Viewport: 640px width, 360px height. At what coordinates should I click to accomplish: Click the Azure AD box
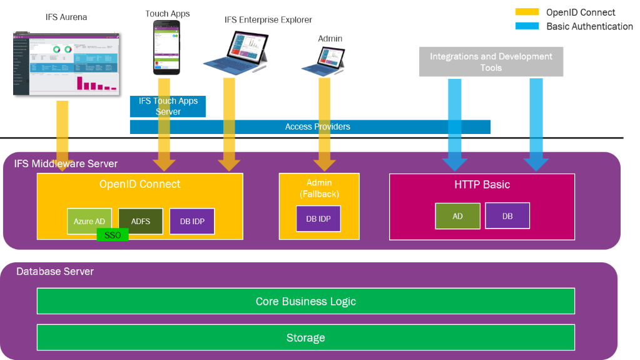coord(89,220)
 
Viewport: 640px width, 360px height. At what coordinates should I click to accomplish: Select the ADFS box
coord(140,221)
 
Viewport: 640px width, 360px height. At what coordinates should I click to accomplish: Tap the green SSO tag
coord(113,235)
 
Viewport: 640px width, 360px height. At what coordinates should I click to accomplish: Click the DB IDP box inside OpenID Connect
coord(192,221)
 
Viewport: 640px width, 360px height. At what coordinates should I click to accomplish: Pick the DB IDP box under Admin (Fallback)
coord(318,219)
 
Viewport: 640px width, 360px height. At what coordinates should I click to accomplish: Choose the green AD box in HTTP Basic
coord(457,216)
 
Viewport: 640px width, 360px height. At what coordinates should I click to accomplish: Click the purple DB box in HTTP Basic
coord(507,216)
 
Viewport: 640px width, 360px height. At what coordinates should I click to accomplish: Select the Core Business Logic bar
coord(305,301)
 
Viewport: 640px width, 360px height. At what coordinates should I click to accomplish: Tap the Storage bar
coord(305,337)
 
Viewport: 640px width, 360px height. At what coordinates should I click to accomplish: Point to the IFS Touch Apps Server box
coord(168,106)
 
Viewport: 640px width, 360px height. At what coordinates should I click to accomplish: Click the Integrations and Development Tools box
coord(490,62)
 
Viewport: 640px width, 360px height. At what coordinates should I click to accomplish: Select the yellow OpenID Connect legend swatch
coord(527,12)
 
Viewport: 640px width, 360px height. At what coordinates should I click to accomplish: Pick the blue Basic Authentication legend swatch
coord(527,26)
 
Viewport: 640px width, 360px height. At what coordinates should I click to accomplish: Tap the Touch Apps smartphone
coord(166,47)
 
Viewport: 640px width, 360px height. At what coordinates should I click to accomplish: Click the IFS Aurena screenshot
coord(66,63)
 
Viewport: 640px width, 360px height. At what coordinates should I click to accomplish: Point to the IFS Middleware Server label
coord(66,164)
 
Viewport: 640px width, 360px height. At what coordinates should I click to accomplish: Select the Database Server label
coord(55,272)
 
